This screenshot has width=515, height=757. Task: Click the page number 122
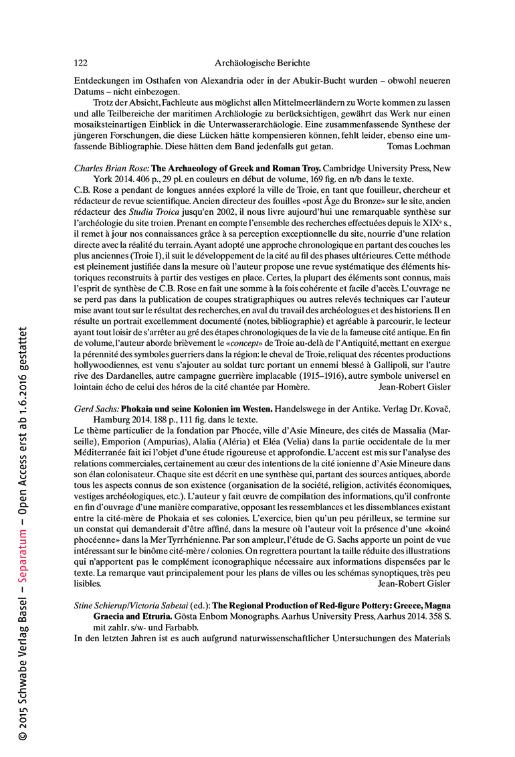(80, 63)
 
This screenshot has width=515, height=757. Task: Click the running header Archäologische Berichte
(262, 63)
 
